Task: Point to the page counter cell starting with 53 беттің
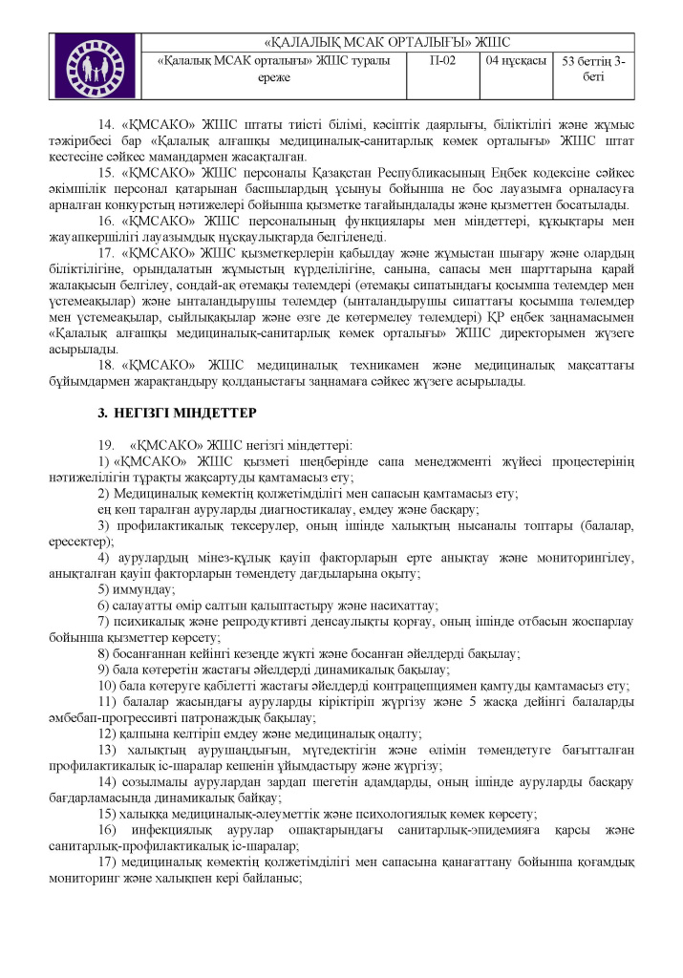[593, 70]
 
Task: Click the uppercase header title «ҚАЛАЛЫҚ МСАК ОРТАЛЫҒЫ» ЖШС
[387, 42]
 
